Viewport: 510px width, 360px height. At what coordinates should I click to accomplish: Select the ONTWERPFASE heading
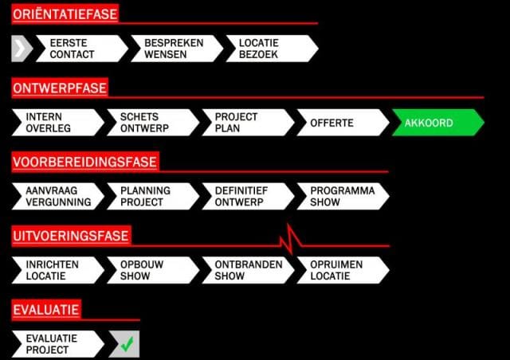click(60, 88)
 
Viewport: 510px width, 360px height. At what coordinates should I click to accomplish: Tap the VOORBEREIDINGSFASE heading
click(84, 162)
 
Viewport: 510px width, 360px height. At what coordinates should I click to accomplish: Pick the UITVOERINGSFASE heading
click(71, 236)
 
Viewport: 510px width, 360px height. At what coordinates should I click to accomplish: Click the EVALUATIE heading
click(46, 310)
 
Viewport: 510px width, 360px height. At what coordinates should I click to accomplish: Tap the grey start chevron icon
click(22, 49)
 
